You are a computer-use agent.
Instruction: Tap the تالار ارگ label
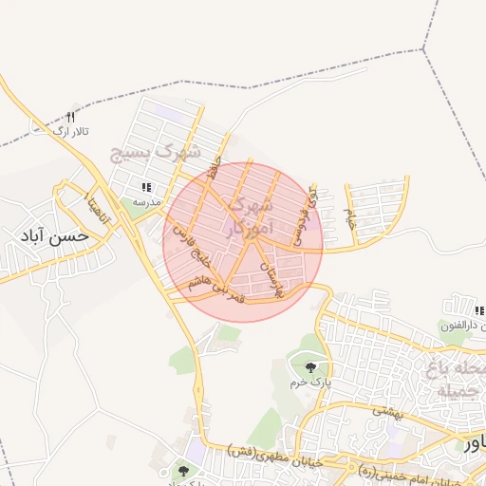click(68, 130)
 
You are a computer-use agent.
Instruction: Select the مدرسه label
click(146, 202)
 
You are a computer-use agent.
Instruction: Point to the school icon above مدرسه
click(146, 188)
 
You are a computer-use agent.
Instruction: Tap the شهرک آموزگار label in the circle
click(250, 215)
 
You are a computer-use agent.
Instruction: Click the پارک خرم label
click(308, 383)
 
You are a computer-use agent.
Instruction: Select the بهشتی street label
click(388, 412)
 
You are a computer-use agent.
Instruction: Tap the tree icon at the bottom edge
click(183, 471)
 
